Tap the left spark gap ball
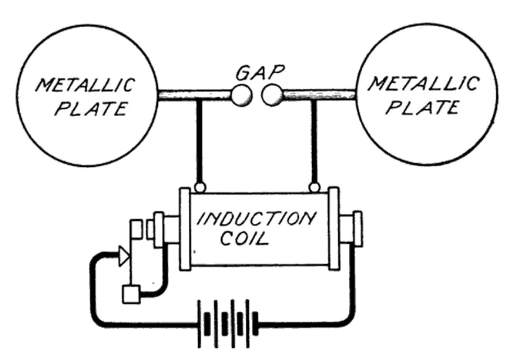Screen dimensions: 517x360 tap(241, 95)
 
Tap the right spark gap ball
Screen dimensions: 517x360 tap(272, 95)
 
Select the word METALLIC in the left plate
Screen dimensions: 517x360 tap(85, 85)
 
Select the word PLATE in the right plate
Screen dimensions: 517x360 tap(423, 107)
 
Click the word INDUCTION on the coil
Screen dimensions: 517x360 tap(256, 219)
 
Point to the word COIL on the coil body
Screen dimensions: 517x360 tap(245, 238)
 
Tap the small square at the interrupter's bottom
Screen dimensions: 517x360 tap(131, 294)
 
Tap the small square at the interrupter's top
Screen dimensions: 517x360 tap(136, 229)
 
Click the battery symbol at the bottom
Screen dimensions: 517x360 tap(228, 323)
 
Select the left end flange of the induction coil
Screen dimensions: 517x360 tap(185, 229)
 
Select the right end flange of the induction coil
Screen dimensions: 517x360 tap(334, 229)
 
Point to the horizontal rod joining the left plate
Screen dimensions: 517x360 tap(194, 95)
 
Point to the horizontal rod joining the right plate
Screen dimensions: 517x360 tap(319, 95)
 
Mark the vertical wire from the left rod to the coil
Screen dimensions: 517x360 tap(199, 141)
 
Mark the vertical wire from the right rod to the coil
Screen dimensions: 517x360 tap(314, 141)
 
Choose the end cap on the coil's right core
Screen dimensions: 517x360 tap(358, 229)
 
